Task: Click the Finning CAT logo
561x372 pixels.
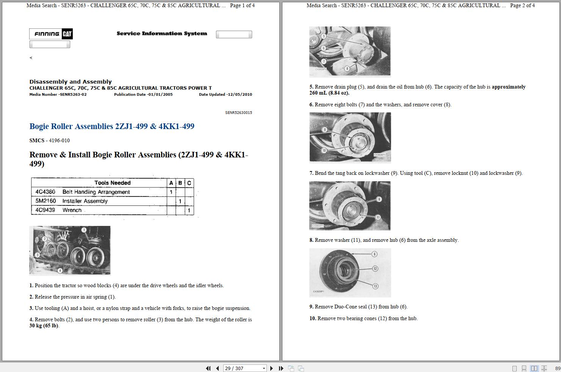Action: [51, 34]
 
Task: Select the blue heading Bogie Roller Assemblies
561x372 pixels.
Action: [111, 126]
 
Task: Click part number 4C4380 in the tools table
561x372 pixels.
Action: [45, 192]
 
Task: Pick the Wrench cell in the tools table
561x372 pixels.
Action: [72, 210]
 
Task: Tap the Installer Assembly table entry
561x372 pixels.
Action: [85, 201]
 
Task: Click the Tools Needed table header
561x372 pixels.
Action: [112, 183]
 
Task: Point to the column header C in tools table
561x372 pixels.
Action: [189, 183]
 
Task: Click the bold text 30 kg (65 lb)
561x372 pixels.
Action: [44, 326]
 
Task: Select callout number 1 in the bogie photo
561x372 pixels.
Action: [84, 230]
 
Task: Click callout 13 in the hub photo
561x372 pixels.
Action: [375, 286]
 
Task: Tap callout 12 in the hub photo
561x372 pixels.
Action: [375, 269]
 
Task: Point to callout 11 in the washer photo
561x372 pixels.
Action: [378, 217]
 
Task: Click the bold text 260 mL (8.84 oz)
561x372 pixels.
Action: [329, 93]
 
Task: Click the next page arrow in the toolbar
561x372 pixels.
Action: [271, 368]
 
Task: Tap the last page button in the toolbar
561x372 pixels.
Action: [281, 368]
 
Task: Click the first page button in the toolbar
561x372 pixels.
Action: [208, 368]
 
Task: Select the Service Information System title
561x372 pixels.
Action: [162, 34]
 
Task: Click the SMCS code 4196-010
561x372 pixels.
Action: [59, 140]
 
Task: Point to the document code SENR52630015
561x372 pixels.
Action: [238, 113]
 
